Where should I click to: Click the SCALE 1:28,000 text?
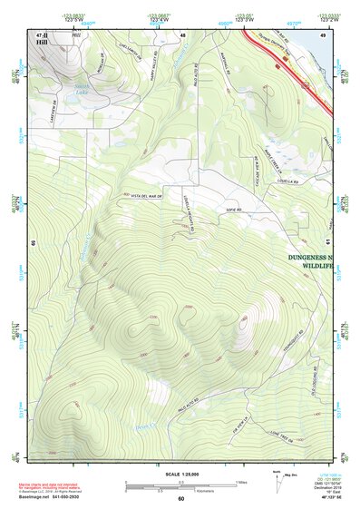[x=180, y=475]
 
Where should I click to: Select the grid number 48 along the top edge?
[x=182, y=34]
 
